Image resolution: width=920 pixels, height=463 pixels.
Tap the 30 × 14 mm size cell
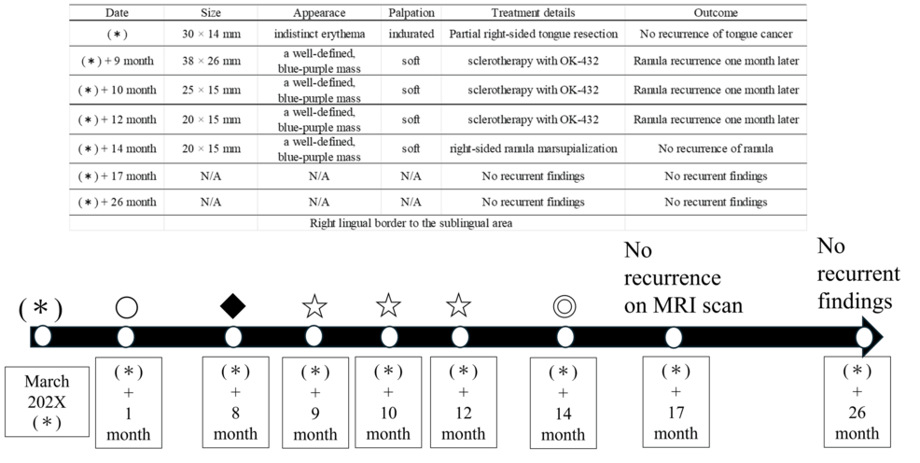211,35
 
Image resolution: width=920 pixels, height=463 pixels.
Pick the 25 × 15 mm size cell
211,91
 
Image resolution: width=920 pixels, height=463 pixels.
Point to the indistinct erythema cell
319,35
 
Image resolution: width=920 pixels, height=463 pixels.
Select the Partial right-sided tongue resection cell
535,35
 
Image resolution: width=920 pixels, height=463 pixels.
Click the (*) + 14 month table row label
118,147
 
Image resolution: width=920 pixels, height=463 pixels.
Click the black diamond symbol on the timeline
233,305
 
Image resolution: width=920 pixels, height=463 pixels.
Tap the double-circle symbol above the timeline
563,305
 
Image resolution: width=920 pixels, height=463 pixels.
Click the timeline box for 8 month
235,401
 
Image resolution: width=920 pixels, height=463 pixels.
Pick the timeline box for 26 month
857,401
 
